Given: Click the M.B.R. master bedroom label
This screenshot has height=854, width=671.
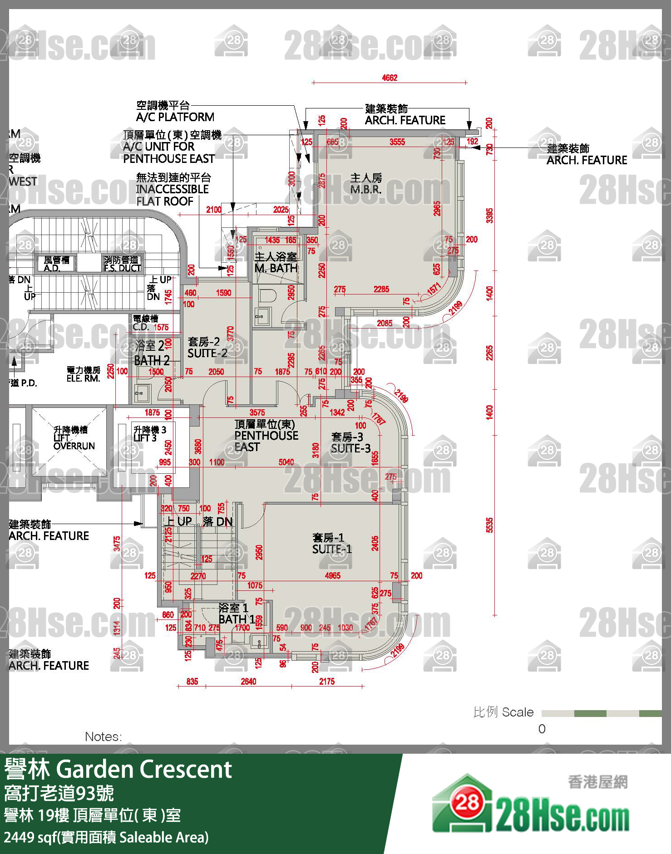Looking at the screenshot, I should pos(366,184).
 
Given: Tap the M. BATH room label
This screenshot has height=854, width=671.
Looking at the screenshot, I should pos(276,263).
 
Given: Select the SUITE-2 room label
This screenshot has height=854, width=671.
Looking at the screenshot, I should pos(207,348).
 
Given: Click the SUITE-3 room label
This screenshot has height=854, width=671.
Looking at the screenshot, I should pos(350,443).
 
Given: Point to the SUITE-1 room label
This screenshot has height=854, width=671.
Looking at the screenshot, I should pos(332,544).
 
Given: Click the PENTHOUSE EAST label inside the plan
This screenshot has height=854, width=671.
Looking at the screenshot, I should pos(266,436).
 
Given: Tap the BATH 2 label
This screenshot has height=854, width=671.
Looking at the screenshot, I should pos(152,353).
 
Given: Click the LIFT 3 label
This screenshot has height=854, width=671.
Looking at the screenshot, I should pos(149,434).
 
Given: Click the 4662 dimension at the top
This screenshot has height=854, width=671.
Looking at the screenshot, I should pos(390,78).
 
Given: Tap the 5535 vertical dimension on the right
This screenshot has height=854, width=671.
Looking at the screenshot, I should pos(489,525).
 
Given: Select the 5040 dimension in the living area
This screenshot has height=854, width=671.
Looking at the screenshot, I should pos(286,462).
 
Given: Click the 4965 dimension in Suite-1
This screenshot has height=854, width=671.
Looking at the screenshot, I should pos(332,576).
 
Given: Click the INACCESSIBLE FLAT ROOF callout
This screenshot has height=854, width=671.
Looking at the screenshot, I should pos(173,190).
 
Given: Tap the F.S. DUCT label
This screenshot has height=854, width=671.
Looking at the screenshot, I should pos(122,264).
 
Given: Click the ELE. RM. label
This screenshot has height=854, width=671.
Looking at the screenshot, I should pos(84,374).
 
